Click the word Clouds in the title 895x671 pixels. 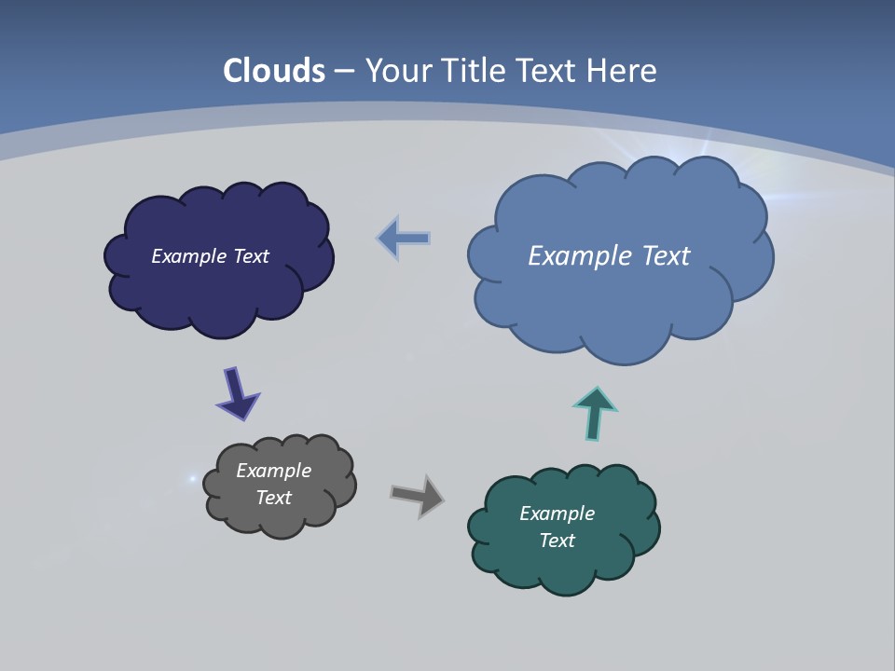(x=274, y=71)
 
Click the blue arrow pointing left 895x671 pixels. (x=404, y=239)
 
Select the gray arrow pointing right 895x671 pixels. (x=418, y=495)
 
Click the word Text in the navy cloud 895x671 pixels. (x=251, y=256)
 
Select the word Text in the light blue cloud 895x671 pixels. (x=665, y=256)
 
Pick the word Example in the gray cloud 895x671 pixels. (x=274, y=471)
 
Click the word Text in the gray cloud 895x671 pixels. (x=274, y=498)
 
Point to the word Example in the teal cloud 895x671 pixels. (x=557, y=514)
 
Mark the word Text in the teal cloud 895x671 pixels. (x=557, y=541)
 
